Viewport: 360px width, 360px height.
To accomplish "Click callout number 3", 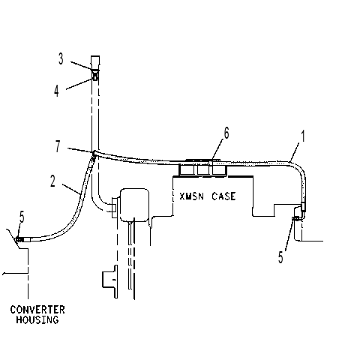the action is (61, 59).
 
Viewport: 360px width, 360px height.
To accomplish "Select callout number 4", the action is (56, 91).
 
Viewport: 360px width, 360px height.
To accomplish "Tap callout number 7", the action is (58, 146).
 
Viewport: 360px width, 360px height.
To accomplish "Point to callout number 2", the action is (52, 181).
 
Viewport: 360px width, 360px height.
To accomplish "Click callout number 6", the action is (226, 133).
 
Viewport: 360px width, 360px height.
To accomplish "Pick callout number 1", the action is (303, 136).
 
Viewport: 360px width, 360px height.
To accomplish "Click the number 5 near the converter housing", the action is (22, 217).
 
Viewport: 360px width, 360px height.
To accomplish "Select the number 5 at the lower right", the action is (280, 257).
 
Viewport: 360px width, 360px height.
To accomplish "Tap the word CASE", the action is (223, 196).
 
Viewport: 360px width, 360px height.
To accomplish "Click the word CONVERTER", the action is (37, 310).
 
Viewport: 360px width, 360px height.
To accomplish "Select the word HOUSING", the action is (37, 319).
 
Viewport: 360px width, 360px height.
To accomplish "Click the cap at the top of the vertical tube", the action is (95, 62).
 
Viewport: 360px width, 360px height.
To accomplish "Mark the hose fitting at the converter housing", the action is (22, 240).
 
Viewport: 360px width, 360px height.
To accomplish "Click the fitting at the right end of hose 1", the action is (303, 206).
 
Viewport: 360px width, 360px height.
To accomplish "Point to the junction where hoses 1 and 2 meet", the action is (94, 153).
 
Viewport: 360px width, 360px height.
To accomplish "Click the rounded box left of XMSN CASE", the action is (134, 205).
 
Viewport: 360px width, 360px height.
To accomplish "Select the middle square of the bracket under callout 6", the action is (202, 169).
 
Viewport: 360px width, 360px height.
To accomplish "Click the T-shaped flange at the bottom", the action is (110, 281).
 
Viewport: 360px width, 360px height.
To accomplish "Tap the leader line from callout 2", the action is (71, 190).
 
